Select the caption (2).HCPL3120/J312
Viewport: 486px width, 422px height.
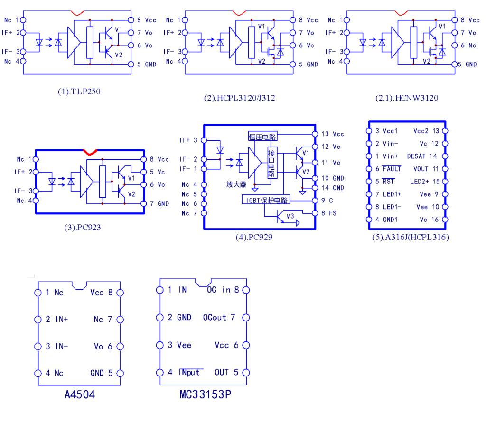[239, 98]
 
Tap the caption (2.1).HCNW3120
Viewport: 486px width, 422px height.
[407, 98]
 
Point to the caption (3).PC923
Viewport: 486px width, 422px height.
[82, 227]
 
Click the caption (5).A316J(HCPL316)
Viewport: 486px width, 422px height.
[410, 237]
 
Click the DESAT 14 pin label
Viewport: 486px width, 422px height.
[422, 156]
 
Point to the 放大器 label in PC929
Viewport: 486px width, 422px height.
[236, 184]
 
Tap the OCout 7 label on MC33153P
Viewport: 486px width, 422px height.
[219, 317]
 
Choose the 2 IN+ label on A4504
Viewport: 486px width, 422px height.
[57, 319]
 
